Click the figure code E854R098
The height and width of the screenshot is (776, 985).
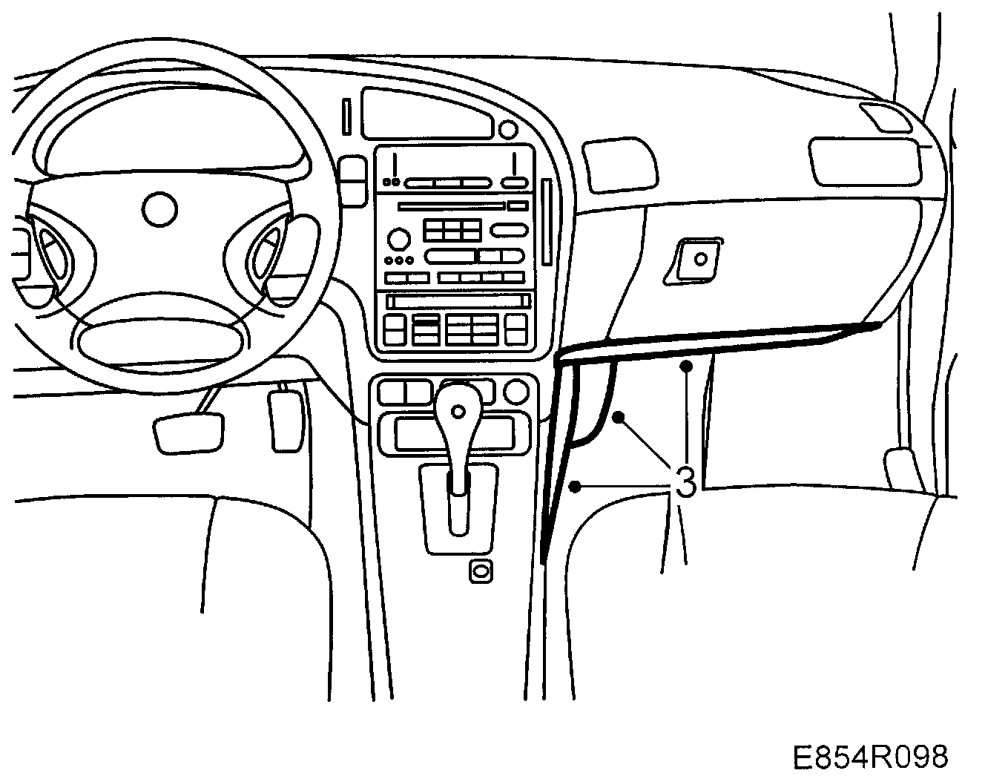(x=869, y=757)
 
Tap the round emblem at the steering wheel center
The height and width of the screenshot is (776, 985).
(x=160, y=209)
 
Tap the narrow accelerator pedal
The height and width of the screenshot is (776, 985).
(x=285, y=419)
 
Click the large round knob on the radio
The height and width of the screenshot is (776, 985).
(x=398, y=239)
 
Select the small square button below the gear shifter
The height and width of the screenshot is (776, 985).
(x=481, y=571)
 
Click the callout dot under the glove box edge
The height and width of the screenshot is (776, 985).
(x=687, y=365)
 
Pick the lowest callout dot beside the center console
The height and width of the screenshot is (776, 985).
(x=574, y=487)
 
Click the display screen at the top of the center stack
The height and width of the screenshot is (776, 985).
(x=428, y=113)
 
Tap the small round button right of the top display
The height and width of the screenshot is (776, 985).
(x=508, y=130)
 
